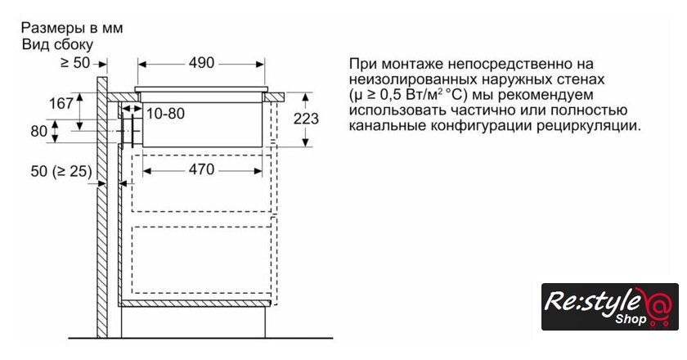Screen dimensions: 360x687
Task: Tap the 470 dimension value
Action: coord(196,169)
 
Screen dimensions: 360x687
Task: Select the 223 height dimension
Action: coord(306,119)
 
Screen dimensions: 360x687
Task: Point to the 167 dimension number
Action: coord(62,104)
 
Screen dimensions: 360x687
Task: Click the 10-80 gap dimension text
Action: coord(166,113)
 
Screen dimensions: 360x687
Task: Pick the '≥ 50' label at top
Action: coord(76,62)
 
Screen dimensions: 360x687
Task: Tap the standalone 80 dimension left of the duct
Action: coord(38,131)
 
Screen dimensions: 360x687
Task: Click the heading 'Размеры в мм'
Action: coord(72,28)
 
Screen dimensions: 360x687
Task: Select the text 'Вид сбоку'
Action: coord(57,44)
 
